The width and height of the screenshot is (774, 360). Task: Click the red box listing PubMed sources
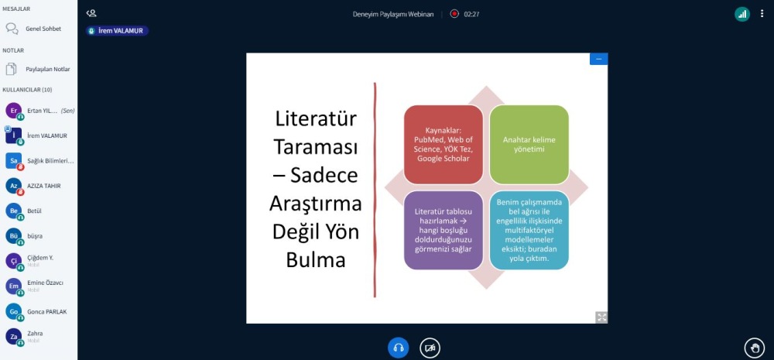pos(444,145)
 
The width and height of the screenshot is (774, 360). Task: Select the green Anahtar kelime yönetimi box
pos(529,145)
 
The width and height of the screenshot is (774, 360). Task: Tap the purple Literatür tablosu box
pos(444,230)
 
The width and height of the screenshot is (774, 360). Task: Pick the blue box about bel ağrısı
pos(529,230)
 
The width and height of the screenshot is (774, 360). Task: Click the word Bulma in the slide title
pos(316,260)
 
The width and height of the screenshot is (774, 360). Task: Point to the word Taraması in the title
pos(316,146)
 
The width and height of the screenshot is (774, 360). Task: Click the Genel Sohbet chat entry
pos(43,29)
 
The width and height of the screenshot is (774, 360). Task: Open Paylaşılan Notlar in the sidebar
pos(48,69)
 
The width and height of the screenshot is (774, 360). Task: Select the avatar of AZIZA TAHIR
pos(14,186)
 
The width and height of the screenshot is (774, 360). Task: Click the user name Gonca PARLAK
pos(47,311)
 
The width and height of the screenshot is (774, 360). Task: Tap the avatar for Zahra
pos(14,336)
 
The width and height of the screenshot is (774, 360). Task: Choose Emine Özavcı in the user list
pos(46,283)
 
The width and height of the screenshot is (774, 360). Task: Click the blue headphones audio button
pos(399,348)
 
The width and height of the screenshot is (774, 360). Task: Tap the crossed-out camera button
pos(430,348)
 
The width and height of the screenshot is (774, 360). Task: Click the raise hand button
pos(754,348)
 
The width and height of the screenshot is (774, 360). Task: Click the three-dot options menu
pos(762,14)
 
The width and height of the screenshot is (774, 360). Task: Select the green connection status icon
pos(742,14)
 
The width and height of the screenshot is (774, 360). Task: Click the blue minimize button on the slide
pos(599,59)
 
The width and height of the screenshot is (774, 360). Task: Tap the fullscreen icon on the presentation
pos(601,317)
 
